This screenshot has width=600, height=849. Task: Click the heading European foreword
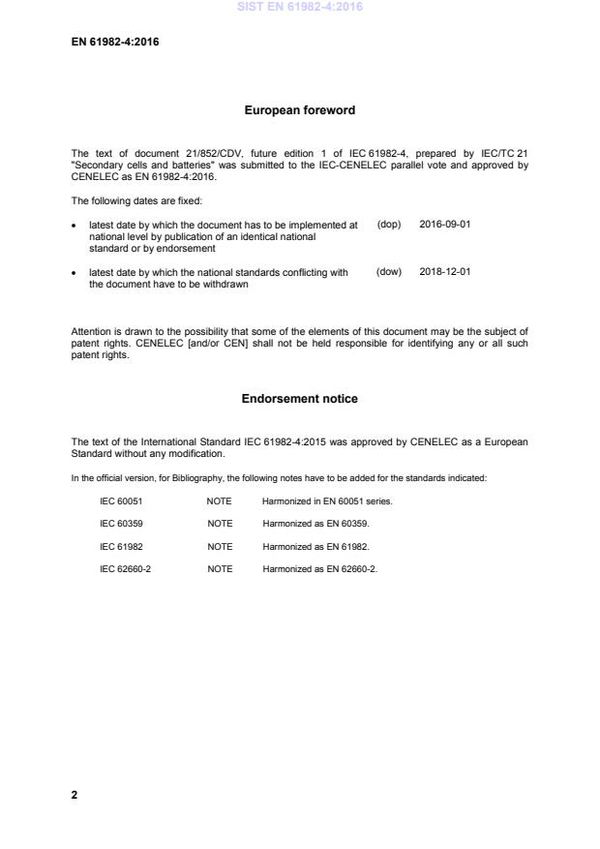(299, 110)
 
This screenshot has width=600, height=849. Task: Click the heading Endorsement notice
(299, 399)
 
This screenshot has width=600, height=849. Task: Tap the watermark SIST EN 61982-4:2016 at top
(299, 8)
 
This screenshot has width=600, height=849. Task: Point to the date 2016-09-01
(445, 224)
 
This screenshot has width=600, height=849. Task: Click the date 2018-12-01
(445, 272)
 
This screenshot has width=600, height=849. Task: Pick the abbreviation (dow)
(388, 272)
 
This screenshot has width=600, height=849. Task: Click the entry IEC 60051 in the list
(122, 500)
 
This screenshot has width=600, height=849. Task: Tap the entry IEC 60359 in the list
(122, 523)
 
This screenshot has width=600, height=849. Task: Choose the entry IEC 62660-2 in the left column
(126, 568)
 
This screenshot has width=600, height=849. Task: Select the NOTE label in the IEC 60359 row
(220, 523)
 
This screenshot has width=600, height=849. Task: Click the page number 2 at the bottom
(75, 795)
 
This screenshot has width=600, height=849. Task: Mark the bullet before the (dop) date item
(75, 225)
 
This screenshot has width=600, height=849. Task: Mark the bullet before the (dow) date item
(75, 273)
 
